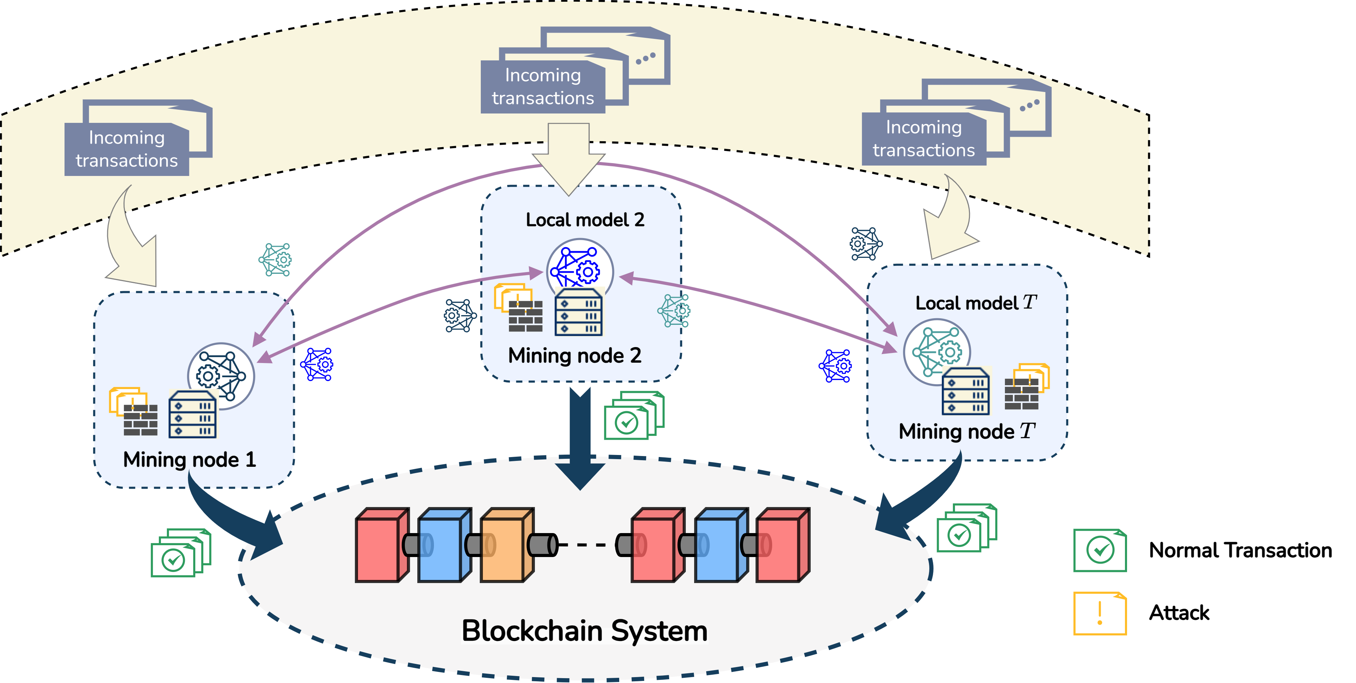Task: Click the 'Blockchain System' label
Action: click(584, 631)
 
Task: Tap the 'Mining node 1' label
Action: click(189, 460)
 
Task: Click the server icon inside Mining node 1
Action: click(192, 415)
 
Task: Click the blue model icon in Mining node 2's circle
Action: click(579, 268)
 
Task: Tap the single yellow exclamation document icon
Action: click(1100, 614)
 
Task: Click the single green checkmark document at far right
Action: click(1100, 550)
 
